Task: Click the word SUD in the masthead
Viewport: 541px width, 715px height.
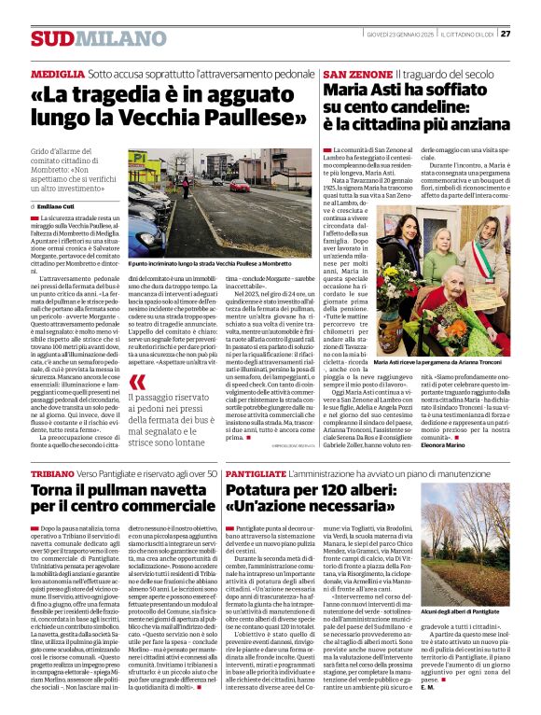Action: (50, 38)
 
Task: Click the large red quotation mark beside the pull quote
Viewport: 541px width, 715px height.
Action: (138, 382)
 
